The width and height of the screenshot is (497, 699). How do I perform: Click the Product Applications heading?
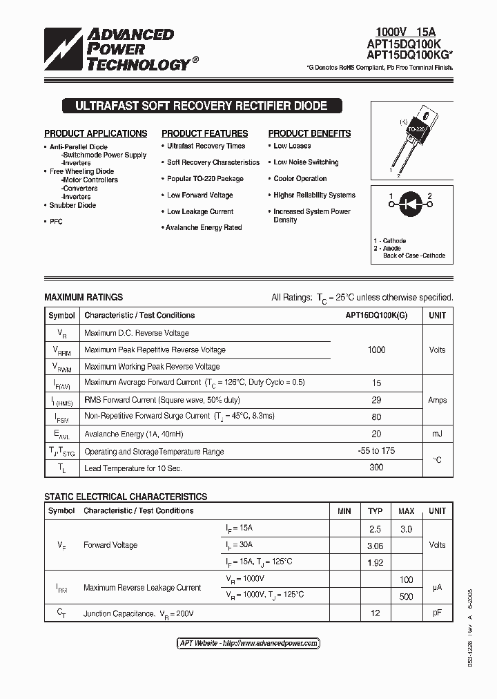95,133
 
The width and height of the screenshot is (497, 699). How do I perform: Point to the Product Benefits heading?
309,133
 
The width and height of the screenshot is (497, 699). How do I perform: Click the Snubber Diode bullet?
72,205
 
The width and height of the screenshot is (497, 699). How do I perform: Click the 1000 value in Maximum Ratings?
376,349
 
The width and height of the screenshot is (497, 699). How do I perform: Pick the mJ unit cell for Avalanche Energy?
437,434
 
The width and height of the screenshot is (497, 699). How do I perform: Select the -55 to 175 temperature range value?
376,451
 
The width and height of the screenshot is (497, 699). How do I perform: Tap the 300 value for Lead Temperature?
376,468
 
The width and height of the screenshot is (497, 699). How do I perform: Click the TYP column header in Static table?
375,511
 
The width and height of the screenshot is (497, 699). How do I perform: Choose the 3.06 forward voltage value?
375,546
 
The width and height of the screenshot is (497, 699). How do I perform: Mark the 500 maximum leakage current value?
406,596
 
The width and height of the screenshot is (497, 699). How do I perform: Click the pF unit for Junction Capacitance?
437,613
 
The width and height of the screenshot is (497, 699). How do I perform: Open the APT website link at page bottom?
248,643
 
